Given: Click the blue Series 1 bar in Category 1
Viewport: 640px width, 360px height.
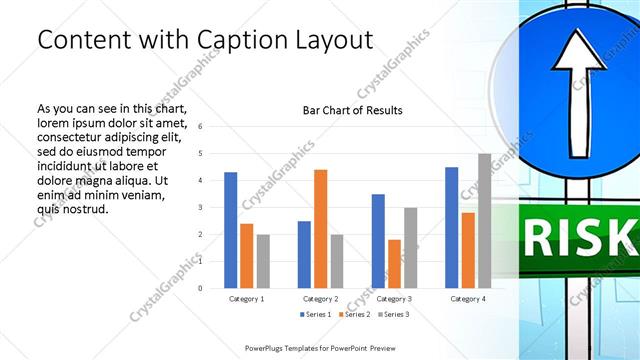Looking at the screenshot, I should tap(231, 230).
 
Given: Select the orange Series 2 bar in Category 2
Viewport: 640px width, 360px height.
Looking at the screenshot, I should tap(321, 229).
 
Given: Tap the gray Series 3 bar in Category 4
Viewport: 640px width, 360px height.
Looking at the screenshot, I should tap(485, 221).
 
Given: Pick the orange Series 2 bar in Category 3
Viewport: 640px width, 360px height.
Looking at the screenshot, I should tap(394, 264).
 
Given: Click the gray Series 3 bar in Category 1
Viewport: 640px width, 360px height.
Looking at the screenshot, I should tap(263, 261).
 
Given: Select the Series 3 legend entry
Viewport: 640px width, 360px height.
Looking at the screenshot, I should tap(392, 315).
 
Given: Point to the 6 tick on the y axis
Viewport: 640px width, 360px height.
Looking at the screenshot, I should tap(201, 127).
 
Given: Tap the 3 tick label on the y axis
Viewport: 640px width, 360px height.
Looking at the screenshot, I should tap(201, 208).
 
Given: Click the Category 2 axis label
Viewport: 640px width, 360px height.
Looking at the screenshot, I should tap(321, 299).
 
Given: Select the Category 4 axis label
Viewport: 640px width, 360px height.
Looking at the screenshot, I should tap(468, 299).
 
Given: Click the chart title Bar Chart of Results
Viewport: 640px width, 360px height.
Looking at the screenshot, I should tap(353, 110).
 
